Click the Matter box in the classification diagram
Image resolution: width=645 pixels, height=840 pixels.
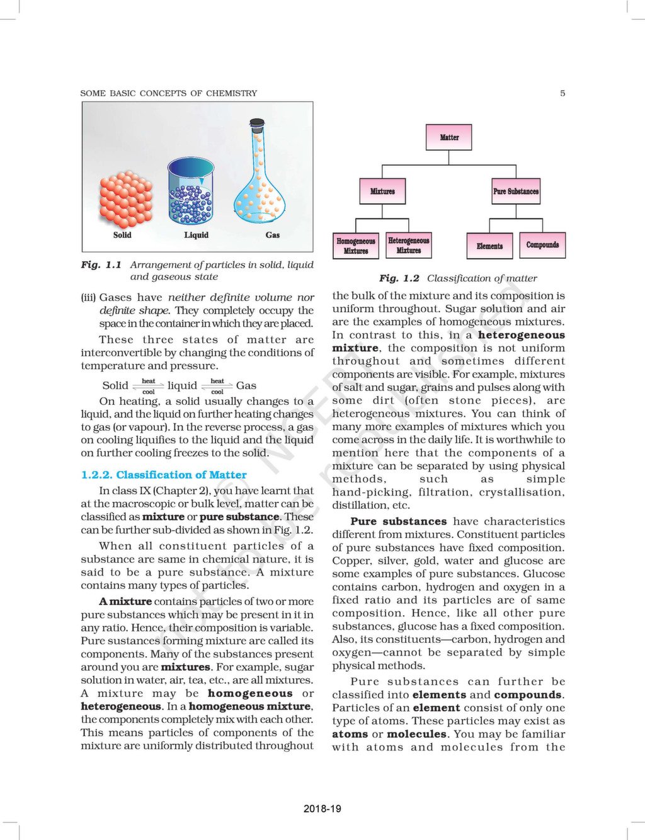(449, 137)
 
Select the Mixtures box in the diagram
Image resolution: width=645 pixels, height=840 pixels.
(382, 191)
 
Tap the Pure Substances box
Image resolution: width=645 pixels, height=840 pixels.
(516, 191)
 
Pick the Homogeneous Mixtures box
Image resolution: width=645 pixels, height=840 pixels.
(356, 246)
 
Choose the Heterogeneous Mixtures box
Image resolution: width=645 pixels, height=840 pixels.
(409, 245)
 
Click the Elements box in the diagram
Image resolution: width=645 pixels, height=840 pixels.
(489, 246)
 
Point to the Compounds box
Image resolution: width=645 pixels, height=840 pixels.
(542, 244)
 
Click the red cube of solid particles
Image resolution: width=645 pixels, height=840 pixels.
(126, 198)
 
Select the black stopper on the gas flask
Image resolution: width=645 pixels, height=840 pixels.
(256, 122)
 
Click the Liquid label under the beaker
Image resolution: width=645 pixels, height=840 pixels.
(196, 235)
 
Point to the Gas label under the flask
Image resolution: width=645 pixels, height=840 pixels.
(273, 235)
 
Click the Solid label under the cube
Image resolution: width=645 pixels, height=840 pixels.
(122, 235)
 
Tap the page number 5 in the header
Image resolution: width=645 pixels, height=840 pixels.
(562, 93)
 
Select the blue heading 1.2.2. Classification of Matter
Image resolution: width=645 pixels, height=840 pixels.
(164, 475)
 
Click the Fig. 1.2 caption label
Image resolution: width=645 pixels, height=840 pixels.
(399, 278)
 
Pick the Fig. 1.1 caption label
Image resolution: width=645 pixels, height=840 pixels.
(101, 265)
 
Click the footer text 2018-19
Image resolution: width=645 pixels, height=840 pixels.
(322, 809)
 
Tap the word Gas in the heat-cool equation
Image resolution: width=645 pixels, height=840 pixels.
(246, 385)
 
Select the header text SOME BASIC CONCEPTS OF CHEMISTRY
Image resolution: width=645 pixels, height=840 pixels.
(169, 93)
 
